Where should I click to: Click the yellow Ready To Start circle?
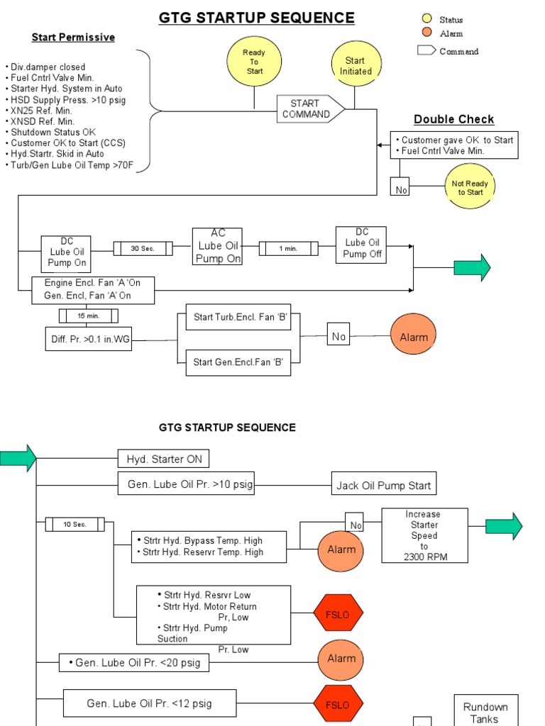[x=254, y=62]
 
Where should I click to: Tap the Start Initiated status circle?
[x=356, y=67]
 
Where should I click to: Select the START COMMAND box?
[x=310, y=109]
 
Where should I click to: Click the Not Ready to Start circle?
[x=470, y=187]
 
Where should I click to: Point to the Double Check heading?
[x=454, y=119]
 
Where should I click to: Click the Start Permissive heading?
[x=73, y=37]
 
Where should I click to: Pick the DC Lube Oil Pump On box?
[x=67, y=252]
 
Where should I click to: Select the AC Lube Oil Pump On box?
[x=217, y=246]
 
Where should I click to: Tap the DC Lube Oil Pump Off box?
[x=361, y=244]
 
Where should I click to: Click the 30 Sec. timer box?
[x=143, y=248]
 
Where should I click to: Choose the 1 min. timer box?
[x=287, y=248]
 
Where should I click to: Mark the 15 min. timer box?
[x=88, y=315]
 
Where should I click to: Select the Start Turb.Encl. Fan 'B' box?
[x=241, y=318]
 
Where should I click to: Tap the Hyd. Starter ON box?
[x=163, y=459]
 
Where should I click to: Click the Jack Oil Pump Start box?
[x=384, y=486]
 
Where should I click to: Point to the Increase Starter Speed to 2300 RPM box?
[x=424, y=535]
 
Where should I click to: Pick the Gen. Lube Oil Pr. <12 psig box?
[x=149, y=703]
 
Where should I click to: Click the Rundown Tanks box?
[x=485, y=711]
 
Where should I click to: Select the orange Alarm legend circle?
[x=426, y=33]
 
